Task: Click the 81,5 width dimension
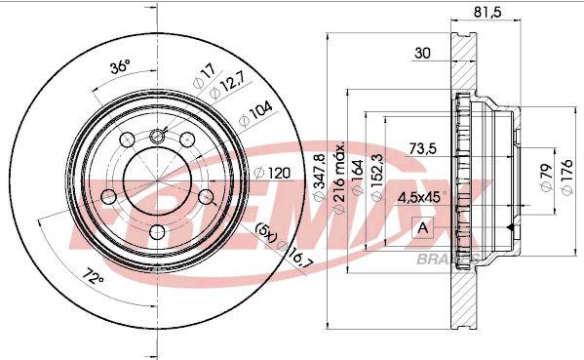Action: (487, 12)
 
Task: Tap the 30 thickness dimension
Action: (422, 53)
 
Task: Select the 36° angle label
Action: (120, 67)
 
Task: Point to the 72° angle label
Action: (93, 276)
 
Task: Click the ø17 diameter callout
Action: (204, 76)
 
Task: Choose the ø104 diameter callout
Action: (255, 113)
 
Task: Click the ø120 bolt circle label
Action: (272, 173)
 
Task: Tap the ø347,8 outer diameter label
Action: (320, 178)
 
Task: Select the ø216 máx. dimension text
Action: (339, 178)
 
